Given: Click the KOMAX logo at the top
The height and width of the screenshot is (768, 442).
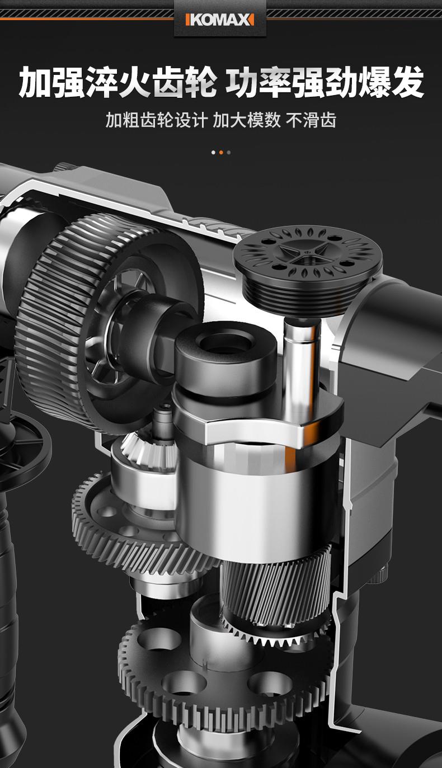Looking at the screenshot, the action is click(220, 20).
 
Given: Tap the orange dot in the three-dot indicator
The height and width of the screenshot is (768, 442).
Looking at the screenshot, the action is click(221, 152).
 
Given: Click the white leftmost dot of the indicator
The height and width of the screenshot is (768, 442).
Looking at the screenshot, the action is click(213, 152).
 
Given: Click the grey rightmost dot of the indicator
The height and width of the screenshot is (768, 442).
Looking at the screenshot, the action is click(229, 152).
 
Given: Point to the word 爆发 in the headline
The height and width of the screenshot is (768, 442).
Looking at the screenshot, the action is click(391, 83).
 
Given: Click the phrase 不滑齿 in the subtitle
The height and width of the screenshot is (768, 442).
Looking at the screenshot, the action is click(311, 120).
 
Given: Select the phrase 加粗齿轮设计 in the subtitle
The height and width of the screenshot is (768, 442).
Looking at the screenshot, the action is click(156, 120).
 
